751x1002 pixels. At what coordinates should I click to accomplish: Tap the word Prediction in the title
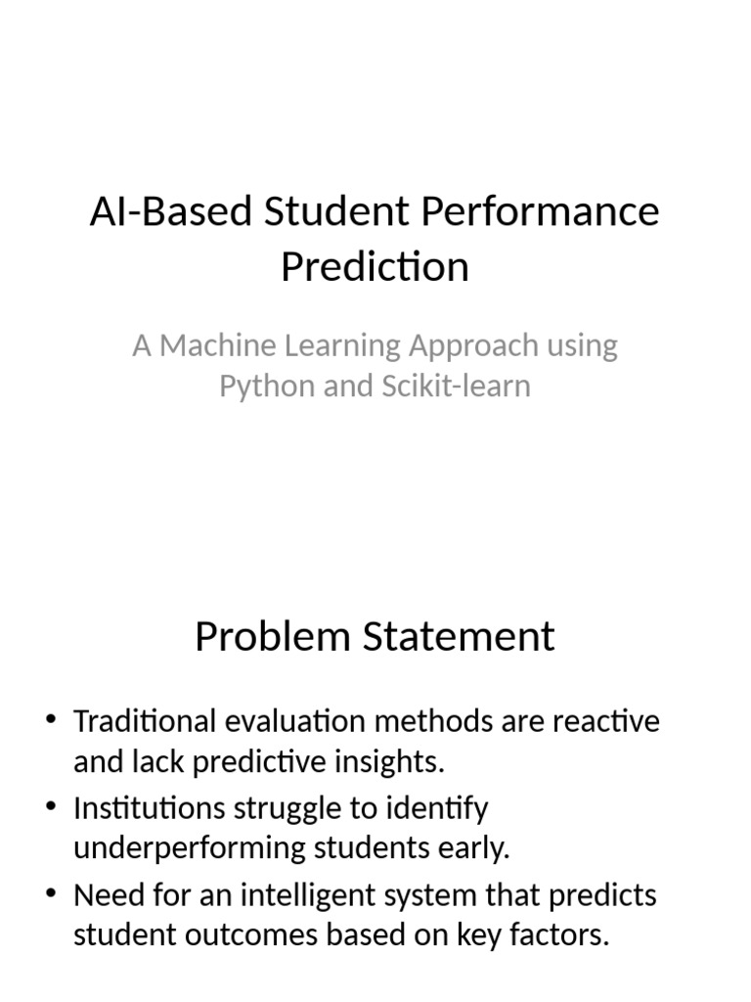pyautogui.click(x=375, y=266)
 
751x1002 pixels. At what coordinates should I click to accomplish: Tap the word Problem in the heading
pyautogui.click(x=273, y=637)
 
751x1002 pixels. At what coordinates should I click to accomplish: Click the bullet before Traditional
pyautogui.click(x=52, y=722)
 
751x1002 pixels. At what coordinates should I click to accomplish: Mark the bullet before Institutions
pyautogui.click(x=52, y=808)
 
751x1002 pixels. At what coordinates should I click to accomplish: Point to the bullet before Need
pyautogui.click(x=52, y=895)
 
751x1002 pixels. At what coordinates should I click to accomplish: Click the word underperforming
pyautogui.click(x=190, y=847)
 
